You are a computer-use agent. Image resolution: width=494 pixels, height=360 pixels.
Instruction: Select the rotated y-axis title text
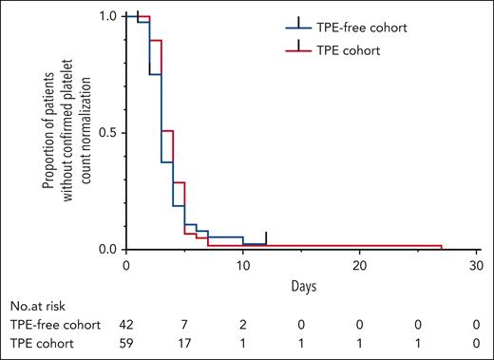point(61,133)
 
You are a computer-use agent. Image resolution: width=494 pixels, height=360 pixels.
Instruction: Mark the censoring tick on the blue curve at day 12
point(266,237)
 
